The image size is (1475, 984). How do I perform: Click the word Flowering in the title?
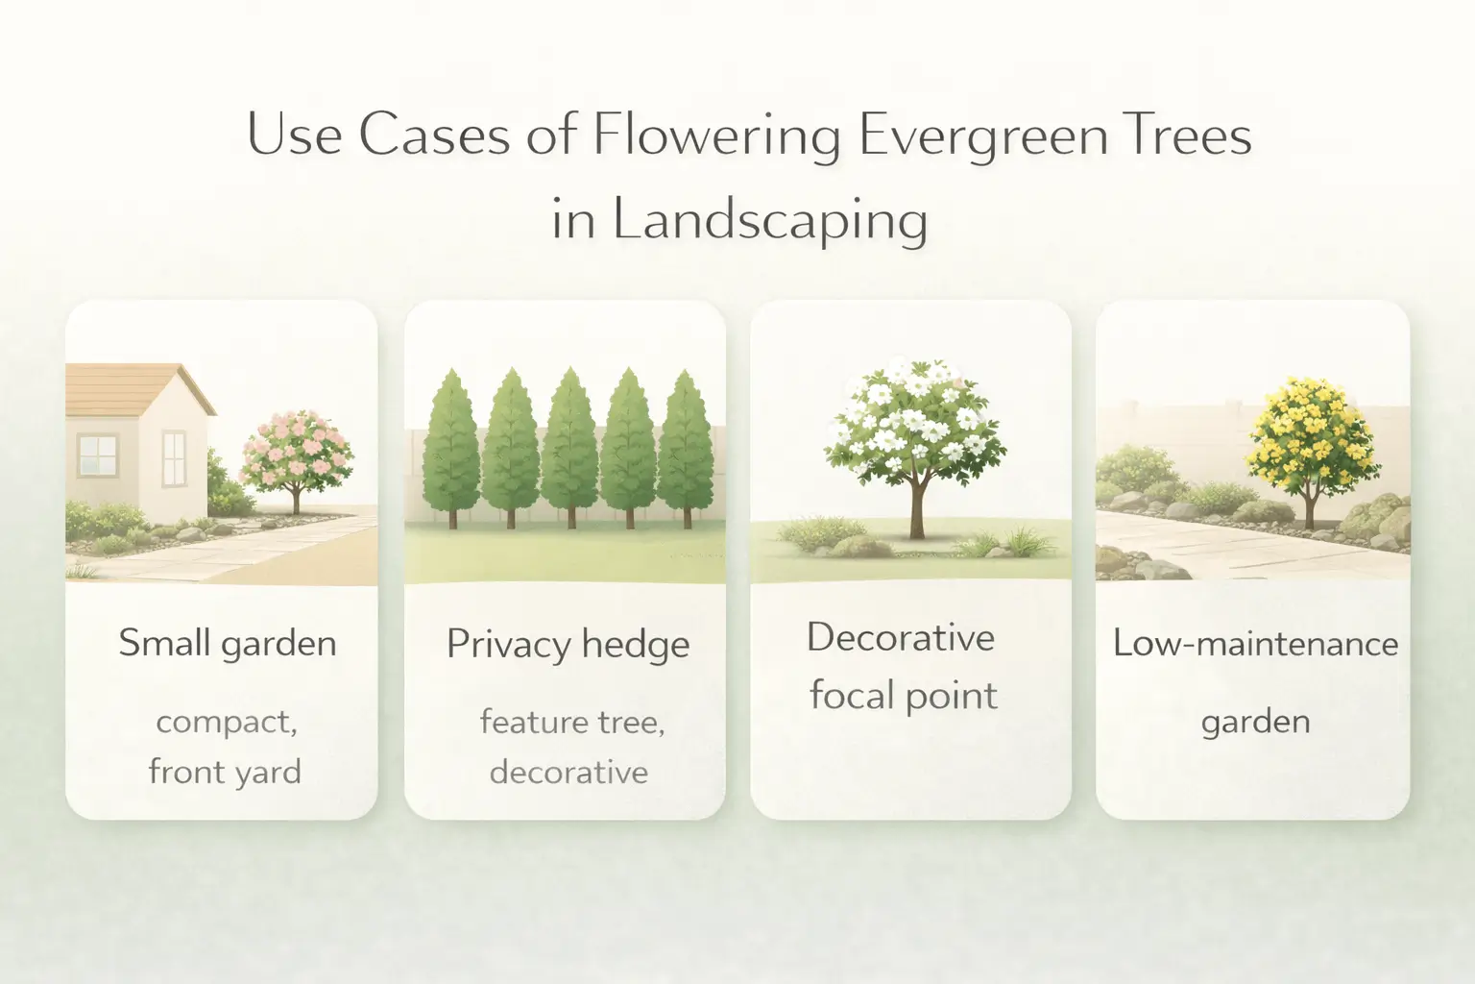point(716,135)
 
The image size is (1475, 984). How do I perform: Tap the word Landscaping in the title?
point(770,220)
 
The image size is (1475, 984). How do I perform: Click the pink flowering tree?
point(296,450)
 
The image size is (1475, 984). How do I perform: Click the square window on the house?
point(97,454)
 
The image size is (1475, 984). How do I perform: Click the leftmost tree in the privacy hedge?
point(450,444)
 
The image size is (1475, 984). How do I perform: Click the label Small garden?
point(228,643)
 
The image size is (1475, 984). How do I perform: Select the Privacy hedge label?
point(568,644)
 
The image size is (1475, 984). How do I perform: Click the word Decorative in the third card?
point(901,637)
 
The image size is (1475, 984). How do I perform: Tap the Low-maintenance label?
point(1255,643)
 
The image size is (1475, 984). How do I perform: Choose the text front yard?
point(225,772)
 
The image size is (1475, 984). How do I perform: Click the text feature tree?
point(572,721)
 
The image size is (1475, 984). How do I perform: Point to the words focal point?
point(903,696)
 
